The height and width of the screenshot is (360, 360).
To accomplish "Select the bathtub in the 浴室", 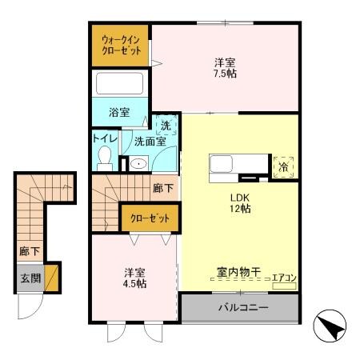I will click(x=119, y=84).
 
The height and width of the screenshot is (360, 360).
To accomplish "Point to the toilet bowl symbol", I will click(x=105, y=157).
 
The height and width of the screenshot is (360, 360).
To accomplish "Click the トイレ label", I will click(x=105, y=138).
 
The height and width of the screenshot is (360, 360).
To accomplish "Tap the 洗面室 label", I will click(x=150, y=142).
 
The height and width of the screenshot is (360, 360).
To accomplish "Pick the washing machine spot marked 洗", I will click(x=165, y=125).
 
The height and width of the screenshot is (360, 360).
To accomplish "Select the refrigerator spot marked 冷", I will click(x=285, y=167).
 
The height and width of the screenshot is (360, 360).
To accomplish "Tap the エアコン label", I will click(x=284, y=278).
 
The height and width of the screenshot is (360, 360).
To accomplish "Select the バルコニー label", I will click(x=240, y=308).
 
